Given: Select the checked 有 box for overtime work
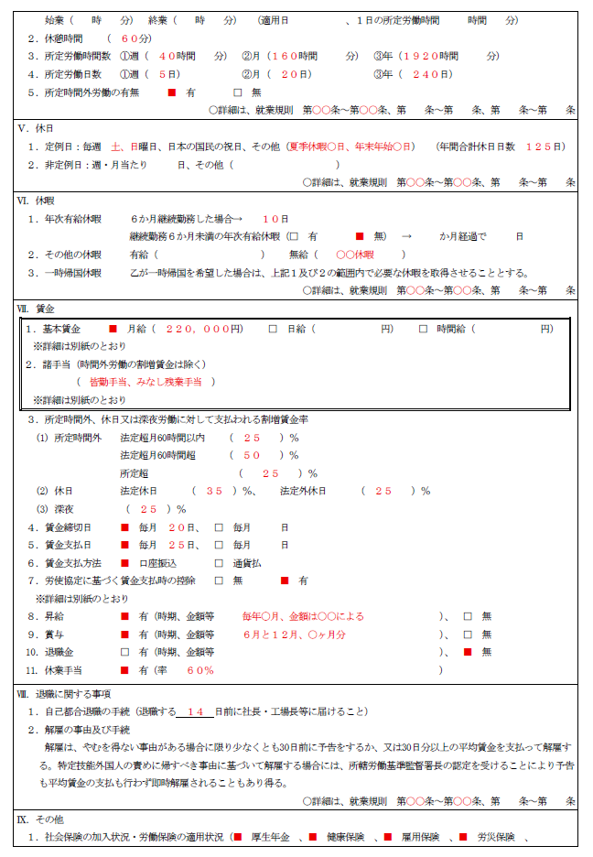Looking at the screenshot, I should tap(171, 92).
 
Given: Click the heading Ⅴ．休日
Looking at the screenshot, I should tap(35, 128).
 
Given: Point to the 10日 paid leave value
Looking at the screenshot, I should tap(275, 220).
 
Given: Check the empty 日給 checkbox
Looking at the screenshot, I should tap(273, 329).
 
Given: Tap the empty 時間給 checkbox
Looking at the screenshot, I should tap(424, 329).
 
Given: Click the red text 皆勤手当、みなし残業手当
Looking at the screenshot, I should tap(146, 382).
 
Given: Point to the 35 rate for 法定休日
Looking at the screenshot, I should tap(215, 491).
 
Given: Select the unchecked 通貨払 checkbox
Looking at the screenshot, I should tap(219, 563).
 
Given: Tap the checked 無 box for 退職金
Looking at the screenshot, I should tap(468, 652).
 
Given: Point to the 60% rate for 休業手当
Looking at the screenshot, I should tap(200, 670).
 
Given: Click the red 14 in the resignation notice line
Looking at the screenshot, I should tap(194, 711).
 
